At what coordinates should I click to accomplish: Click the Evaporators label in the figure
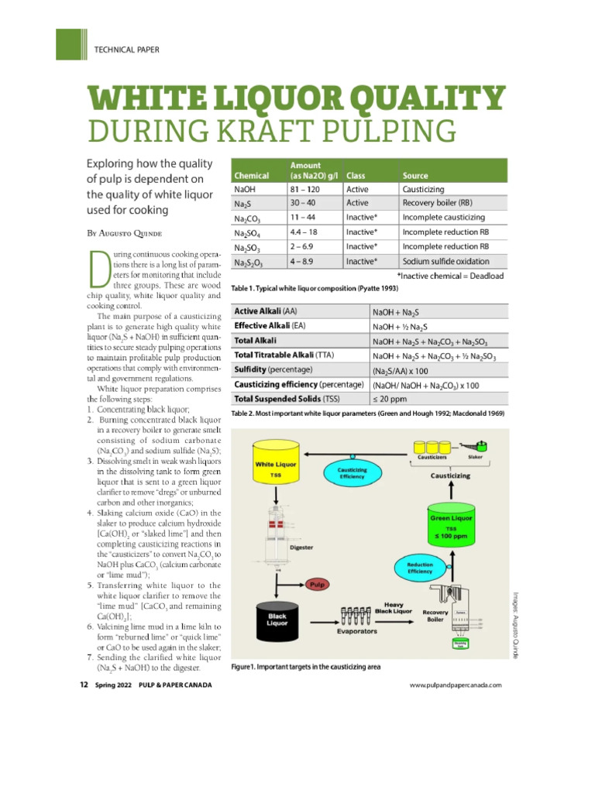point(357,631)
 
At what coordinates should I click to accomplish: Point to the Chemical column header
point(252,175)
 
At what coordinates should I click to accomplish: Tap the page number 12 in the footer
point(84,685)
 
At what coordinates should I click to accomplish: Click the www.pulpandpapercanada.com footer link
point(456,685)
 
